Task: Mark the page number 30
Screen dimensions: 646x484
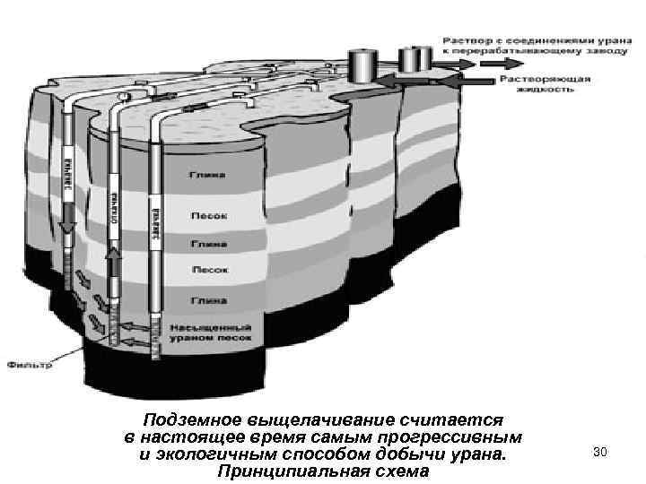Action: pyautogui.click(x=600, y=453)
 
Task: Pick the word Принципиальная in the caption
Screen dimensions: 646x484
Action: pyautogui.click(x=274, y=472)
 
